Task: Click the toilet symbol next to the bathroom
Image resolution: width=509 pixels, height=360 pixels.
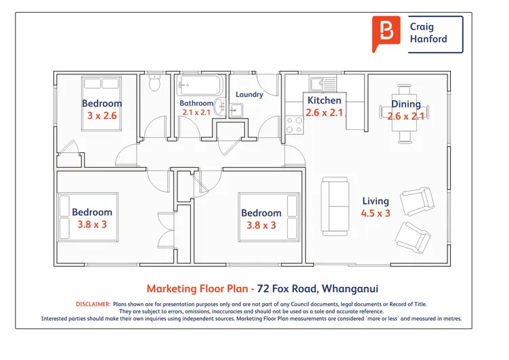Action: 154,83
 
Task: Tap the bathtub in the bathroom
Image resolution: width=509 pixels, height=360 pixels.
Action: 200,85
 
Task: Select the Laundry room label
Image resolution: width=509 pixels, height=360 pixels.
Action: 249,95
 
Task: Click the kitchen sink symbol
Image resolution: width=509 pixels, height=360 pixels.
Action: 323,84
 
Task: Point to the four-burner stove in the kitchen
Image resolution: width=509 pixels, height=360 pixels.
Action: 294,125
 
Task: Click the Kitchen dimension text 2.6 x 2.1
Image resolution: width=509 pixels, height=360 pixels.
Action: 324,112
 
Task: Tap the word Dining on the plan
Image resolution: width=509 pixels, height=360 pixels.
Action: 405,104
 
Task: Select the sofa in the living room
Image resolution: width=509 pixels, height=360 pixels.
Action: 335,206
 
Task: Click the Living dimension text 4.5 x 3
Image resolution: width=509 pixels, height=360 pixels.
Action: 376,213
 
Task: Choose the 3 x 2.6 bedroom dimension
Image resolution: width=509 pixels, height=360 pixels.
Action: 102,116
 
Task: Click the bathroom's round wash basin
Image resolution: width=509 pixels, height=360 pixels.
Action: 221,106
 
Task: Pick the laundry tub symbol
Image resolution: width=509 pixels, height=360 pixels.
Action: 236,110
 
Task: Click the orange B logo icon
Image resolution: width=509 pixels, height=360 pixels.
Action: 386,34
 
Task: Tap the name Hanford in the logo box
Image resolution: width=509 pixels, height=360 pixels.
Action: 428,39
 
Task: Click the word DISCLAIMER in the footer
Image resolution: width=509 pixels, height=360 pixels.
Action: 93,304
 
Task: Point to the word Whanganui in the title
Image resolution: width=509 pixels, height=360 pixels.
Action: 350,288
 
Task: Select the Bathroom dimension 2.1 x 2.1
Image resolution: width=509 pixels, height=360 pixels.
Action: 196,112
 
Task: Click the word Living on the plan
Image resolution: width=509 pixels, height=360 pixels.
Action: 376,201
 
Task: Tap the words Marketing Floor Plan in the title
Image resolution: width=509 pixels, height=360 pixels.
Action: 198,288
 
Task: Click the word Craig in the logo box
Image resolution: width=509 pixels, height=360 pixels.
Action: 422,27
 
